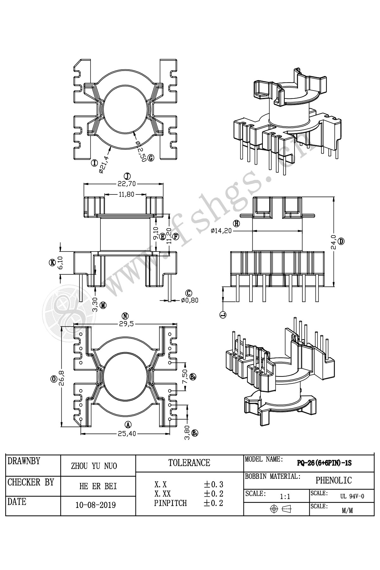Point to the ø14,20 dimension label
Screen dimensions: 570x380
click(221, 231)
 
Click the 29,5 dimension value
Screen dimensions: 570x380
click(125, 324)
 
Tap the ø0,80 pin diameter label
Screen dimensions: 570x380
click(190, 300)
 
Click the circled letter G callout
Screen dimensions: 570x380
click(151, 158)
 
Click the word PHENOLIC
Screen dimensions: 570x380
click(333, 480)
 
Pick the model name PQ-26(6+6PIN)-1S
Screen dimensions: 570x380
click(324, 463)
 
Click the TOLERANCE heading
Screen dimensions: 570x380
click(189, 463)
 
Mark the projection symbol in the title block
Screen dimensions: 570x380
click(281, 509)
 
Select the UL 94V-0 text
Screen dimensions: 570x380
click(352, 496)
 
